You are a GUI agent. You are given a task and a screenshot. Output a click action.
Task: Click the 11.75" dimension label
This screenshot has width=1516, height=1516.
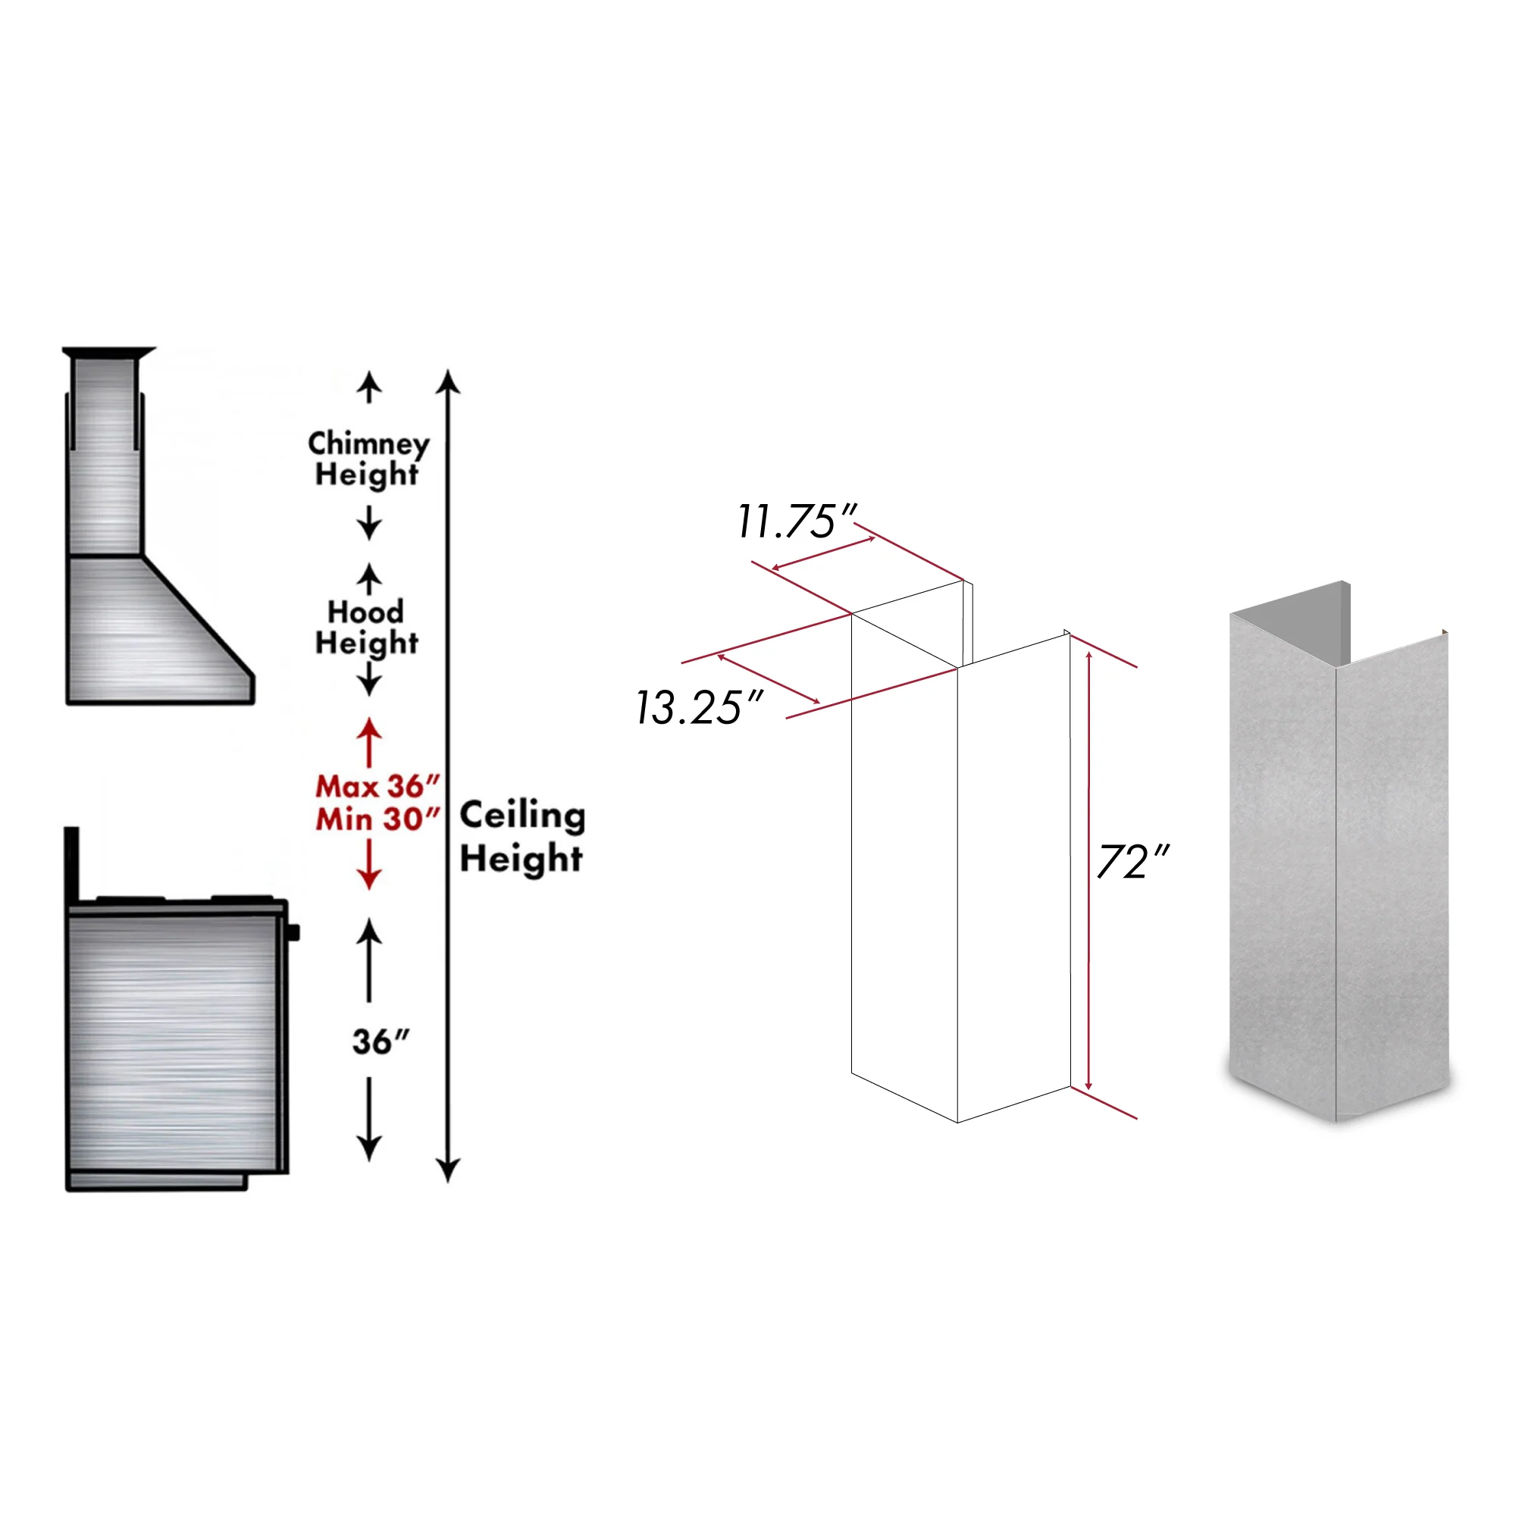[x=797, y=521]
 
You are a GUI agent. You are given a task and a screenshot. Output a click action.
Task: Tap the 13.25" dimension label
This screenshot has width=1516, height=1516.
[x=698, y=707]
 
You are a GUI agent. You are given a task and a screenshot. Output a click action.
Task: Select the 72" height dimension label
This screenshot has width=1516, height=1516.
[x=1133, y=862]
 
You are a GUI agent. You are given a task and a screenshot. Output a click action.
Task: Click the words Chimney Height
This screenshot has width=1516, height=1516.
[x=368, y=459]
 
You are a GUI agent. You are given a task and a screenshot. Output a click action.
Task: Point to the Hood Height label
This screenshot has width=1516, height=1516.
[x=366, y=627]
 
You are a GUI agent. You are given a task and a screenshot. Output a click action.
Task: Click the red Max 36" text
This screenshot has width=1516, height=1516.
[x=377, y=785]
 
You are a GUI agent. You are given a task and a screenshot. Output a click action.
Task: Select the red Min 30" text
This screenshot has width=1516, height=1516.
[x=377, y=819]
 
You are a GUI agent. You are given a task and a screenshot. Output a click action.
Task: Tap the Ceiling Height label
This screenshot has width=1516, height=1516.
[x=522, y=837]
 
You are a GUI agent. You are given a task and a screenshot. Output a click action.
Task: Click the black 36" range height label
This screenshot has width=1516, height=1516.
[x=381, y=1042]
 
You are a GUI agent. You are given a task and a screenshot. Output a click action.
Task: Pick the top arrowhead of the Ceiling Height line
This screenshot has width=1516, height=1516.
[x=448, y=381]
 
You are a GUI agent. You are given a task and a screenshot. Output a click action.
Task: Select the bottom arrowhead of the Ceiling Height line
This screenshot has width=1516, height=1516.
[x=448, y=1169]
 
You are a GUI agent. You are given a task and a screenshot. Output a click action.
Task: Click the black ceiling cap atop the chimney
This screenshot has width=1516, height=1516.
[x=109, y=352]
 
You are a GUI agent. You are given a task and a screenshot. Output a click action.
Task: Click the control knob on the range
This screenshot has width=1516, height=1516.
[x=293, y=933]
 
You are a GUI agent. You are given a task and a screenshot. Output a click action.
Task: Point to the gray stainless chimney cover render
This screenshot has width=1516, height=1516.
[x=1339, y=851]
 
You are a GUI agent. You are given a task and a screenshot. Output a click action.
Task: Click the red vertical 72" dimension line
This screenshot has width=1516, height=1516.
[x=1088, y=871]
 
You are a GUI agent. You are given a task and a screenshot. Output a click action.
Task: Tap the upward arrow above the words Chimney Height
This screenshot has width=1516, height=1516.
[x=370, y=388]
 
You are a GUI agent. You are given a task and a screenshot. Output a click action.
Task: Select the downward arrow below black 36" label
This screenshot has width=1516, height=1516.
[x=370, y=1120]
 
